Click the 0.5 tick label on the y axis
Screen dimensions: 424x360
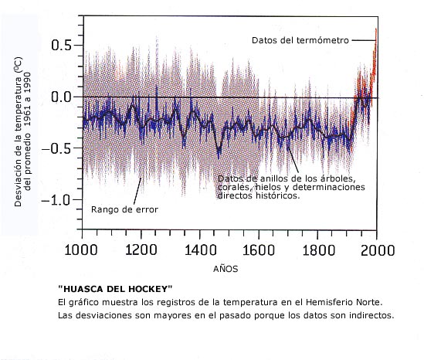pyautogui.click(x=61, y=45)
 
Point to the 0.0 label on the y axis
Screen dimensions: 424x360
pyautogui.click(x=61, y=97)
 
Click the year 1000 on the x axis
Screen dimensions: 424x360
pyautogui.click(x=81, y=250)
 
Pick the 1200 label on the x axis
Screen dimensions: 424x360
pyautogui.click(x=141, y=250)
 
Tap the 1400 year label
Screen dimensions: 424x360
pyautogui.click(x=200, y=250)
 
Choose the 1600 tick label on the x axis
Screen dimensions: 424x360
pyautogui.click(x=259, y=250)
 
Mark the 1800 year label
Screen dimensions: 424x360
pyautogui.click(x=318, y=250)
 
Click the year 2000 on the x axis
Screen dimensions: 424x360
pyautogui.click(x=378, y=250)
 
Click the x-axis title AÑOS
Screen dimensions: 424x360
pyautogui.click(x=226, y=269)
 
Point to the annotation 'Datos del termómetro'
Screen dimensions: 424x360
pyautogui.click(x=300, y=40)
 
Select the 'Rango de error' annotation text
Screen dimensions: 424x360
pyautogui.click(x=124, y=209)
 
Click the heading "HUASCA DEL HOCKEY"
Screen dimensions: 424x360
pyautogui.click(x=115, y=289)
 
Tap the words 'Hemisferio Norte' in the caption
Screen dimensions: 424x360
pyautogui.click(x=344, y=302)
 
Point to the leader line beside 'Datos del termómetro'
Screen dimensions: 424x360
pyautogui.click(x=364, y=40)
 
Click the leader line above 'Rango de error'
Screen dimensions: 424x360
pyautogui.click(x=137, y=191)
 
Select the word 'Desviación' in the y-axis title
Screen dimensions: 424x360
pyautogui.click(x=18, y=183)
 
